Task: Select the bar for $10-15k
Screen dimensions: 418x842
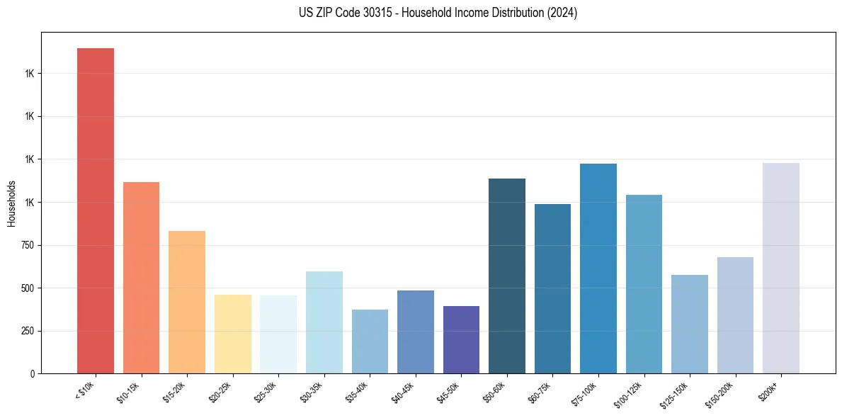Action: (141, 278)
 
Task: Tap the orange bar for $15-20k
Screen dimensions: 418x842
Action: (187, 302)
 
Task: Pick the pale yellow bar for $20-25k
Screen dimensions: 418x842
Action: (233, 334)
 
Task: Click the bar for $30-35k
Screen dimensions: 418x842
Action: (324, 322)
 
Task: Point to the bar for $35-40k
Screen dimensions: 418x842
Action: (370, 341)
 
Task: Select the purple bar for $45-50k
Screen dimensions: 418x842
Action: (461, 339)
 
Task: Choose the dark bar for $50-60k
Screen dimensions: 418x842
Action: (507, 276)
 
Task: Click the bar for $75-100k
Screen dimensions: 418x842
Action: (598, 269)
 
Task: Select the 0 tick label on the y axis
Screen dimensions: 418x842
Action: (32, 374)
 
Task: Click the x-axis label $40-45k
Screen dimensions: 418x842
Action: (404, 392)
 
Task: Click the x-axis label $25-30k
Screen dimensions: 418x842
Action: (266, 392)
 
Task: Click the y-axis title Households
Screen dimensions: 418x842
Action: (12, 203)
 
